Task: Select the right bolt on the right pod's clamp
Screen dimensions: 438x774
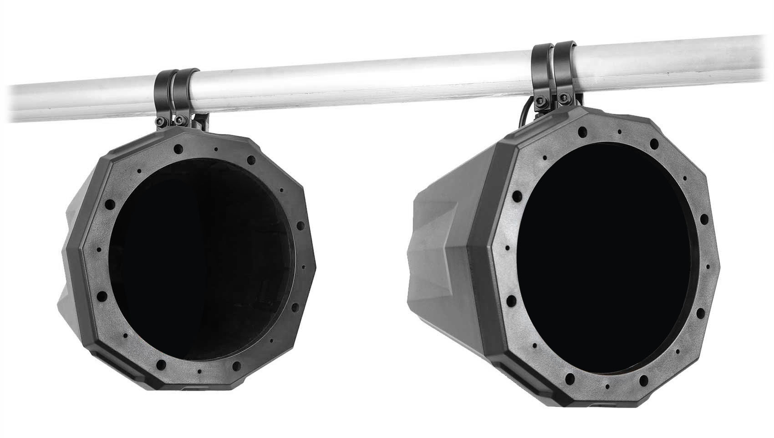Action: tap(563, 99)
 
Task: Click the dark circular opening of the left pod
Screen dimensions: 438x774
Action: tap(200, 259)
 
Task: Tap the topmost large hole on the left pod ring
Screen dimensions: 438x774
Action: tap(179, 148)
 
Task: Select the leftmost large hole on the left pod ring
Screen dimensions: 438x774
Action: tap(101, 296)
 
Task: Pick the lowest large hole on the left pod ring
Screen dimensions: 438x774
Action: tap(161, 364)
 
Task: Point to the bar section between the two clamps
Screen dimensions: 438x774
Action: tap(363, 80)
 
